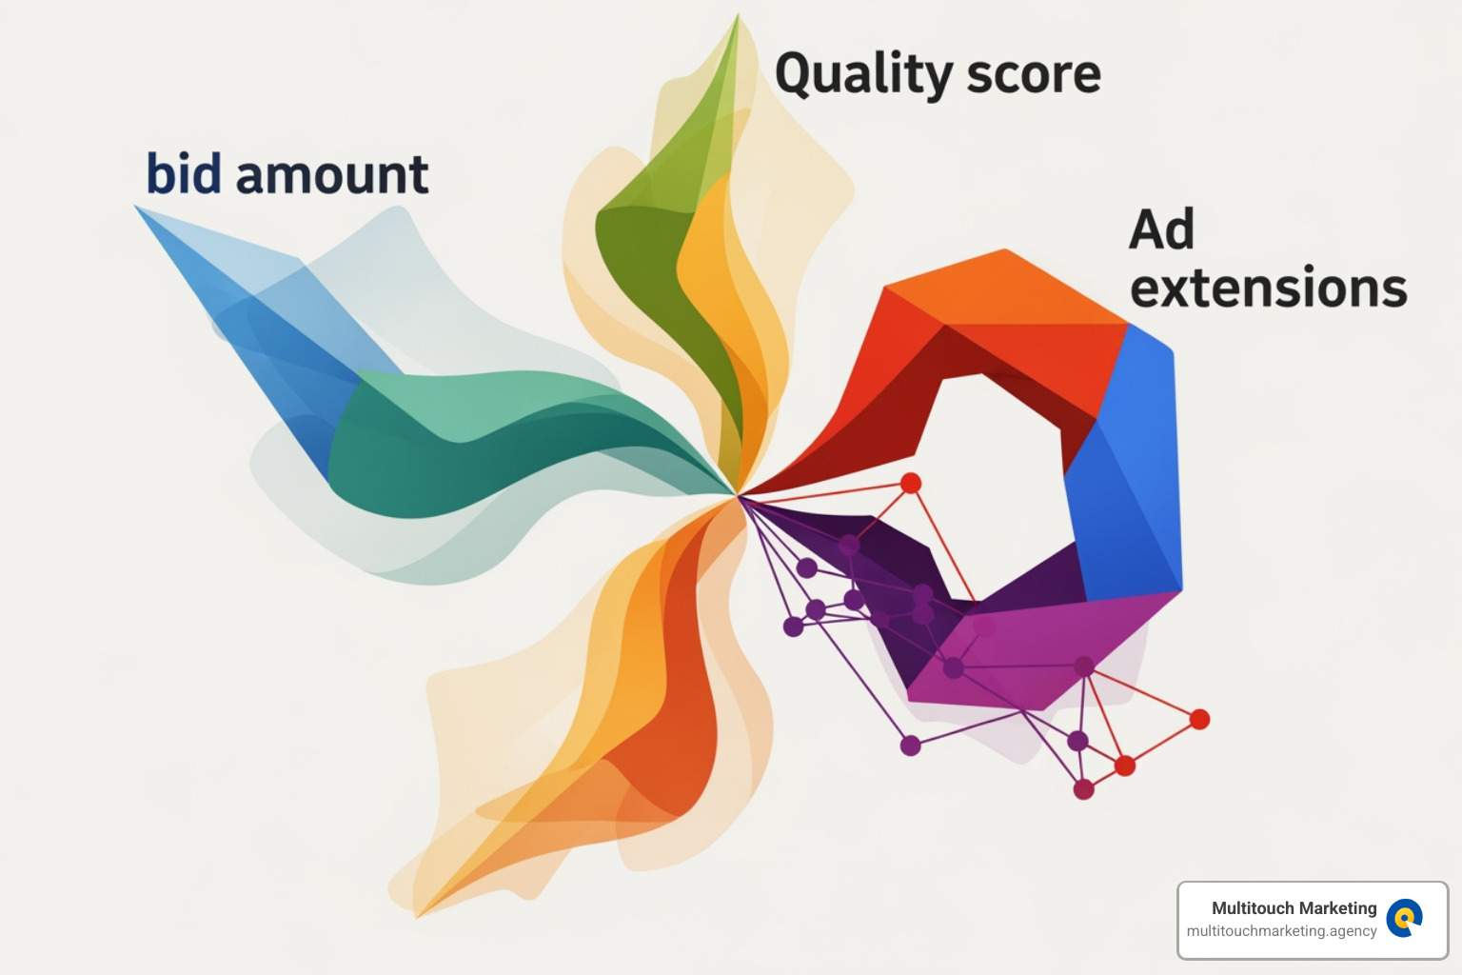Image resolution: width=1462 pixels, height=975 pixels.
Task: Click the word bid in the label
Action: click(183, 174)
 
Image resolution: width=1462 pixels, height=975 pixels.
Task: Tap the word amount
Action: click(332, 176)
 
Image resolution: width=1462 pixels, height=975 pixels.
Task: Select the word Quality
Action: click(863, 74)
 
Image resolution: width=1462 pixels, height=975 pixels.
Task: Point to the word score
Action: click(1034, 74)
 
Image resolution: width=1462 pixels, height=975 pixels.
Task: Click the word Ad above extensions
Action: click(1161, 229)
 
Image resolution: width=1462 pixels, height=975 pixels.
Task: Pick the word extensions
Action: click(1268, 288)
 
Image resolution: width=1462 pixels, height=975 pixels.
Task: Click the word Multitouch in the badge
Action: click(1251, 908)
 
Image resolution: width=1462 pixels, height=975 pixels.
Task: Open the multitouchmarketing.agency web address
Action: click(1281, 931)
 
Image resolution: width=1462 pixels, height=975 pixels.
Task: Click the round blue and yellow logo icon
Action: click(1404, 919)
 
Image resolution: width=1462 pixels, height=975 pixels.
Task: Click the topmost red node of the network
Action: click(911, 483)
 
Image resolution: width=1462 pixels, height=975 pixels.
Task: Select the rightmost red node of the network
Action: click(1200, 719)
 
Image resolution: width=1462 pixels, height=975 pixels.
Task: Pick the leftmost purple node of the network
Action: click(793, 626)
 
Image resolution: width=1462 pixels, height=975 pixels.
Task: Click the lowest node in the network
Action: click(1083, 789)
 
